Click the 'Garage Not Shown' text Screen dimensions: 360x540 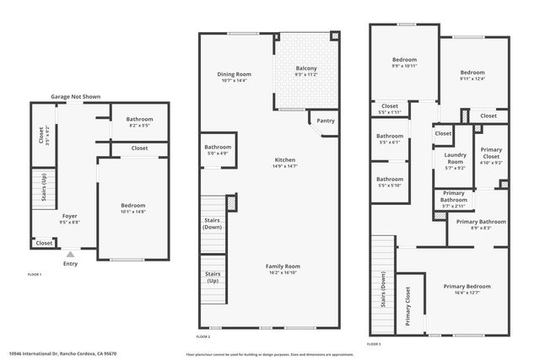coord(75,97)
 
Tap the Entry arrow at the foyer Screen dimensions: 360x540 coord(70,252)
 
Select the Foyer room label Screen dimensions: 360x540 coord(70,216)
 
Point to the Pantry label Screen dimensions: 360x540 coord(325,121)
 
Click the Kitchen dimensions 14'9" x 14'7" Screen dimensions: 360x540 coord(284,166)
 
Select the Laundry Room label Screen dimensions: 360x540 coord(455,162)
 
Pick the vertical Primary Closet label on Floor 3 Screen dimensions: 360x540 coord(408,306)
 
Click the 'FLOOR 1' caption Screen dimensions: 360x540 coord(35,275)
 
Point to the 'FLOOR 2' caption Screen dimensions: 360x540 coord(202,336)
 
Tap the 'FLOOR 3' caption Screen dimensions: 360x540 coord(375,344)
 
